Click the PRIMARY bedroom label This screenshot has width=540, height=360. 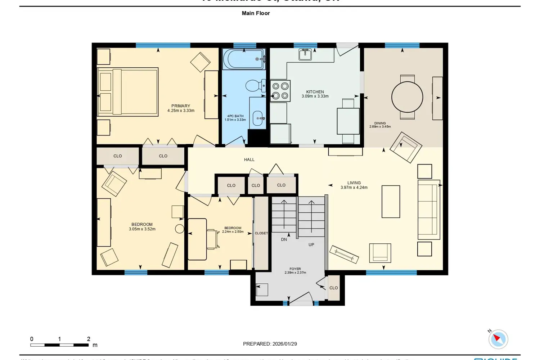[181, 106]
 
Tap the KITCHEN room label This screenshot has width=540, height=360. [315, 92]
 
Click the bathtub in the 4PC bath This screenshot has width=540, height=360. [244, 59]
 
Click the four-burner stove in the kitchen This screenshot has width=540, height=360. [280, 91]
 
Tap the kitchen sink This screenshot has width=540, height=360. [305, 54]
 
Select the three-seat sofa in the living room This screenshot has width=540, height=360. [428, 210]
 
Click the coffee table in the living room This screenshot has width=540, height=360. [391, 202]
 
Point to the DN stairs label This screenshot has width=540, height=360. [284, 239]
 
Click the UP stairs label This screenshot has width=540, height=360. [311, 245]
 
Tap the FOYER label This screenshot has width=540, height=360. [295, 269]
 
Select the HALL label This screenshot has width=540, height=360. [249, 159]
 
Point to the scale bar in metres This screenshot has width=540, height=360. [59, 345]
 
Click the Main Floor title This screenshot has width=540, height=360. [256, 13]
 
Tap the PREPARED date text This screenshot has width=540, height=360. [270, 344]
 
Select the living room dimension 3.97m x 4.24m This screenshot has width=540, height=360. [354, 188]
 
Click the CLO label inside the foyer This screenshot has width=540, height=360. [334, 288]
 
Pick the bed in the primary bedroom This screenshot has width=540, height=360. [128, 92]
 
